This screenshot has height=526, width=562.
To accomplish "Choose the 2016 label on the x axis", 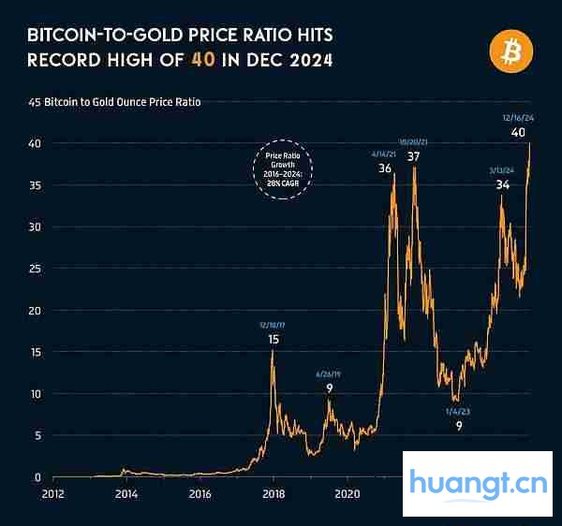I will (200, 492).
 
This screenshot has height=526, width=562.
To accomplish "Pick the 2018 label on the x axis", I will (274, 492).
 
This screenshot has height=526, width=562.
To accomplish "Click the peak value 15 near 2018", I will (273, 339).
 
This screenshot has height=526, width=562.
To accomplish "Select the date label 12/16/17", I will (273, 325).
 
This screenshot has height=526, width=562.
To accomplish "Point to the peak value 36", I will (385, 168).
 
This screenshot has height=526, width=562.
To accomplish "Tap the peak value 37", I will (413, 156).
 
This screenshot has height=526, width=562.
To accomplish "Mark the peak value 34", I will (503, 184).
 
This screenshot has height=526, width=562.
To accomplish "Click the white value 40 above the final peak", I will (517, 133).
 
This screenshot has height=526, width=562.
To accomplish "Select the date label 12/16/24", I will (519, 118).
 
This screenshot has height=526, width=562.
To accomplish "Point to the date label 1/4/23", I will (459, 411).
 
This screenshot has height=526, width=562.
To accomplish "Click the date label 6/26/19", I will (329, 373).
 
